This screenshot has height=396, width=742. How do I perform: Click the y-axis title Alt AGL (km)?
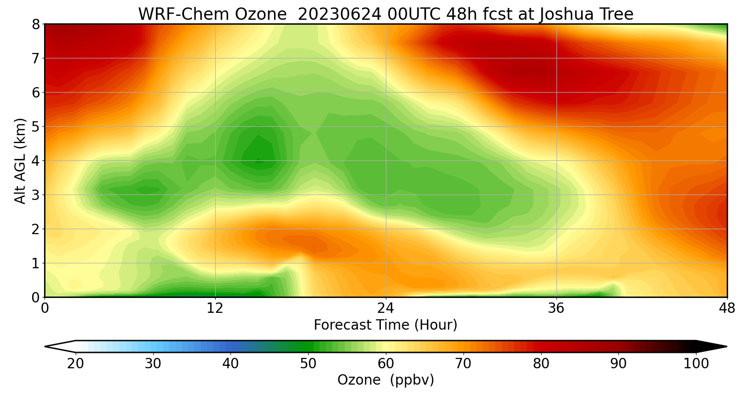[20, 160]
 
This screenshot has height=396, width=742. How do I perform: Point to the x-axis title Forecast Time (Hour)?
[385, 325]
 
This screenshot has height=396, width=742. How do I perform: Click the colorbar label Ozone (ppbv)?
[385, 380]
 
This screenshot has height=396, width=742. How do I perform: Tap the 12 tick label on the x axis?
[215, 308]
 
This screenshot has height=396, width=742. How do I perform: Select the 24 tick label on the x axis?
[386, 308]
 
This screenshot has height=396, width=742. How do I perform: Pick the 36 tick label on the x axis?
[556, 308]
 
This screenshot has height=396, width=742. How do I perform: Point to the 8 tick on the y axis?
[35, 24]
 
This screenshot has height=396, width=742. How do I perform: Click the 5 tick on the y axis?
[35, 127]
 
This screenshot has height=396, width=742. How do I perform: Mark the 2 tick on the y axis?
[35, 229]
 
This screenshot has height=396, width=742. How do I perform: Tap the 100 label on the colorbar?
[696, 364]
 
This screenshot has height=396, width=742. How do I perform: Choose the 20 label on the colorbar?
[76, 364]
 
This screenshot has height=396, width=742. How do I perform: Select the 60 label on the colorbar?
[386, 364]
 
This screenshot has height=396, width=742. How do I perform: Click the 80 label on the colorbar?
[541, 364]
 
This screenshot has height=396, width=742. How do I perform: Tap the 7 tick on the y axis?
[35, 58]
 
